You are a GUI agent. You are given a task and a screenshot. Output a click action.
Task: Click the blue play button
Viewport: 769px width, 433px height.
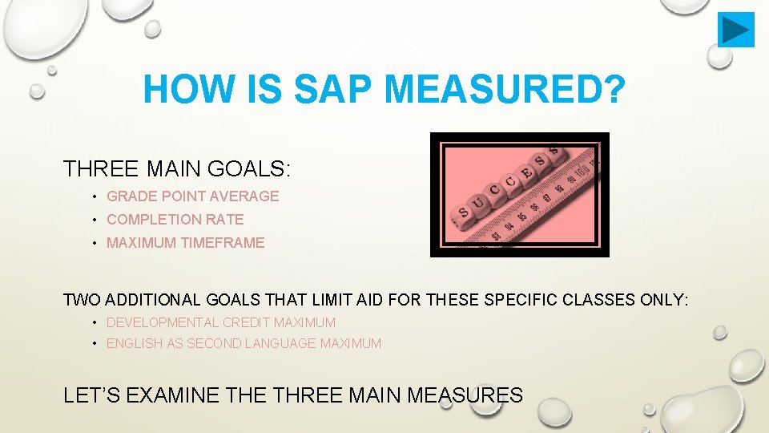pos(735,30)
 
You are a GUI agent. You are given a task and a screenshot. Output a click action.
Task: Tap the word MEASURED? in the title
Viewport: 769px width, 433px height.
pos(497,90)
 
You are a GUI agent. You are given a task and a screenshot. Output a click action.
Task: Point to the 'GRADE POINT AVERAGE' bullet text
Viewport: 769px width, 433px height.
pos(192,196)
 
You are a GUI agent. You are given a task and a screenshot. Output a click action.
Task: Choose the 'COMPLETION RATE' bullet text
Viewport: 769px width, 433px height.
pos(175,220)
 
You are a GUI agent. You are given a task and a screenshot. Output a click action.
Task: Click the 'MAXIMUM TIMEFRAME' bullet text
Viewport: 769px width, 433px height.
pos(185,243)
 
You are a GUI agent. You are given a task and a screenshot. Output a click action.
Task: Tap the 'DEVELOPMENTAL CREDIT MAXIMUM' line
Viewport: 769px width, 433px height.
pos(221,322)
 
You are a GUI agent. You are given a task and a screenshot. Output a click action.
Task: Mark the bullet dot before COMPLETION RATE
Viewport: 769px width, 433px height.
pos(95,220)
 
